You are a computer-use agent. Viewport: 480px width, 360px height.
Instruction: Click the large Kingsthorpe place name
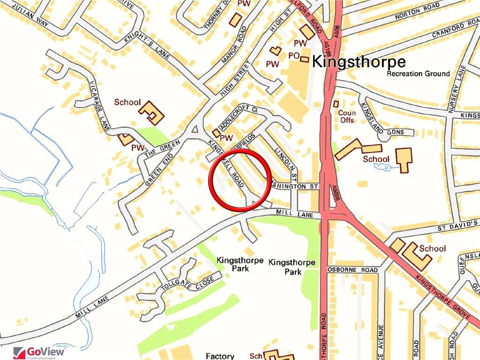point(358,61)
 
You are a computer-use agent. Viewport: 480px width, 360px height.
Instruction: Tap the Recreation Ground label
point(418,74)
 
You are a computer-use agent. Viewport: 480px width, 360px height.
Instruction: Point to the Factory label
point(220,356)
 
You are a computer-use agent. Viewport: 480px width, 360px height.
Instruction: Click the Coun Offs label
point(347,117)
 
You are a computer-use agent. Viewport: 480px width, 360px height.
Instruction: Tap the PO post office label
point(293,56)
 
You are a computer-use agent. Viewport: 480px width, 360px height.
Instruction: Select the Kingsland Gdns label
point(395,132)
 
